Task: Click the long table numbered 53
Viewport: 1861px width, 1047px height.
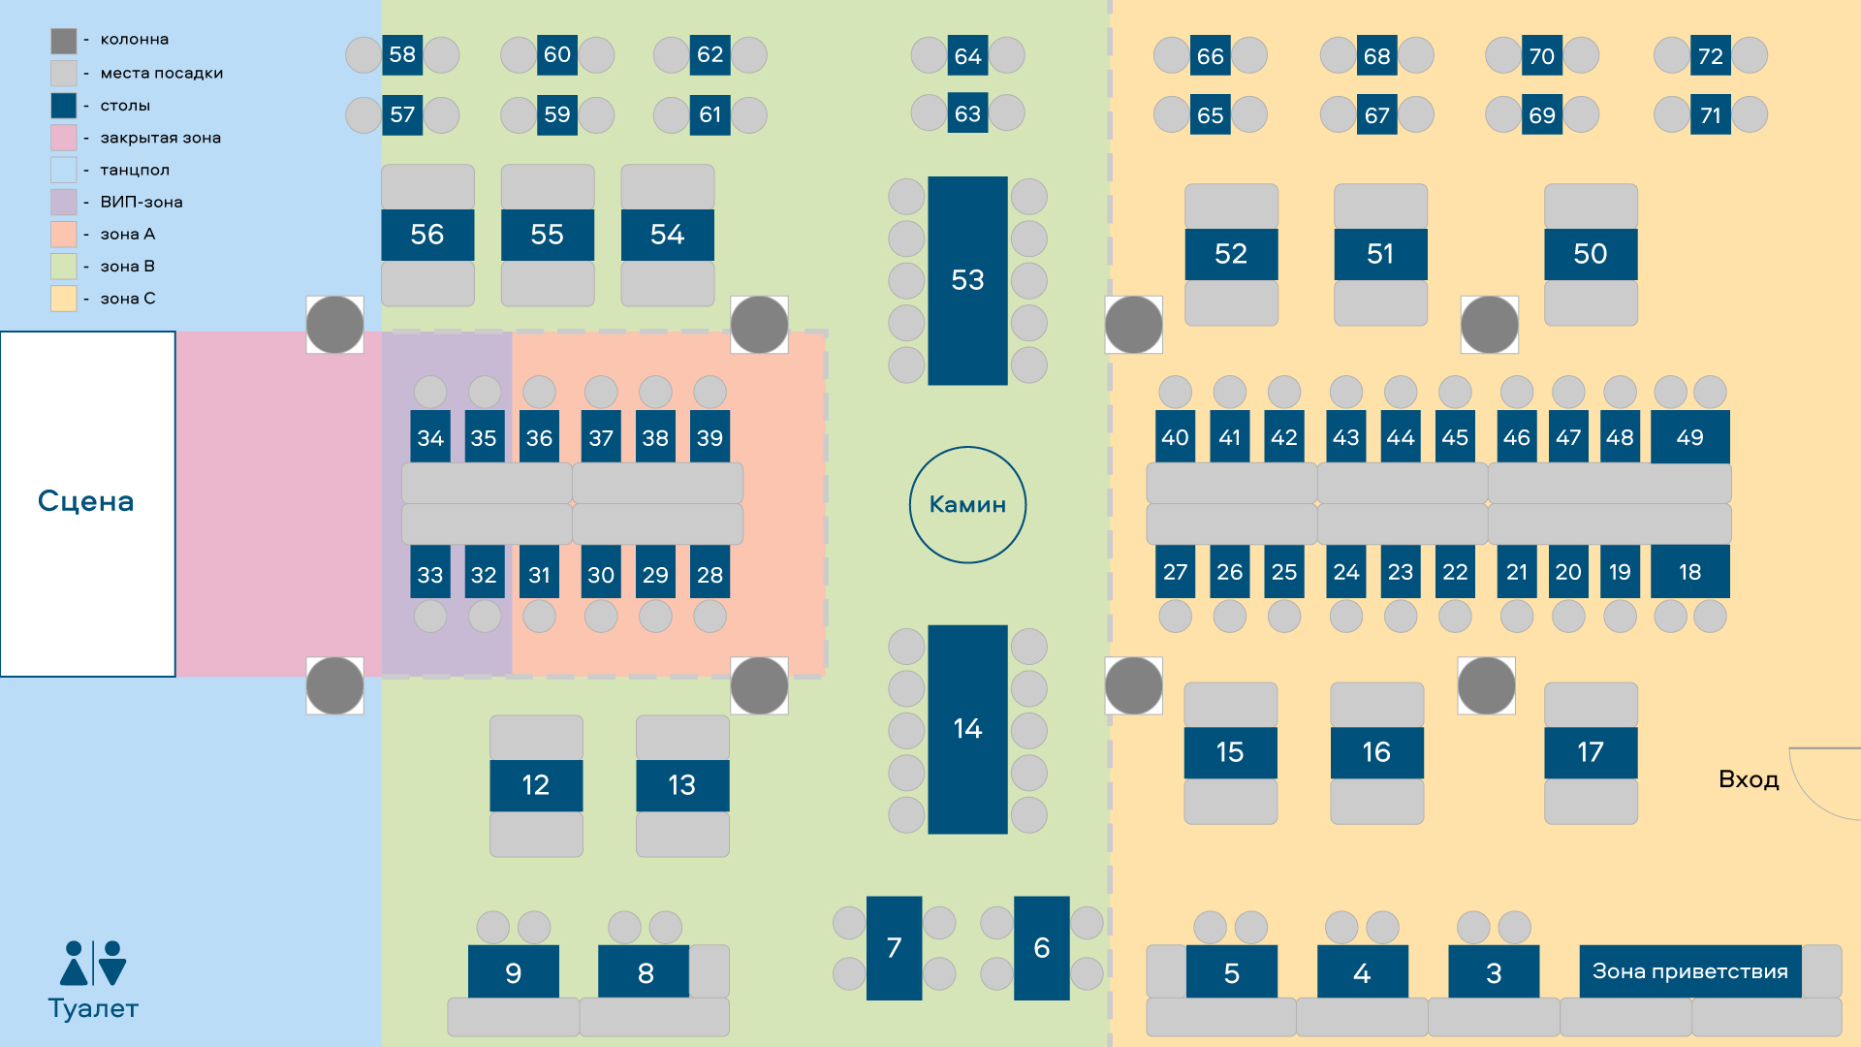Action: click(967, 280)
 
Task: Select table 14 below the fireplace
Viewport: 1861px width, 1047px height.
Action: click(967, 729)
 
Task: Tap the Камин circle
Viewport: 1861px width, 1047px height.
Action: click(967, 504)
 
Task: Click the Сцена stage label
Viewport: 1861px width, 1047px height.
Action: click(86, 501)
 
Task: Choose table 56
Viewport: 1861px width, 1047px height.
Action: click(427, 235)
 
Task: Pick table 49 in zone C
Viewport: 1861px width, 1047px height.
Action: click(1689, 437)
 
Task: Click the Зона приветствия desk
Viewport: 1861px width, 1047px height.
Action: click(1689, 971)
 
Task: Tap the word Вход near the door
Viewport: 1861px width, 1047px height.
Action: click(1749, 779)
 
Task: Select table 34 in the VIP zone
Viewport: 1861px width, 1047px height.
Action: click(430, 438)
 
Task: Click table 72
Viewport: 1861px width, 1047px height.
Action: click(1711, 56)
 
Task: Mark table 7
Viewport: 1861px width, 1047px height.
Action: click(894, 947)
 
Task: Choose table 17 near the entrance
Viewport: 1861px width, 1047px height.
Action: click(1590, 752)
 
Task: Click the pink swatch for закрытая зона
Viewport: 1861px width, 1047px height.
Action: click(64, 138)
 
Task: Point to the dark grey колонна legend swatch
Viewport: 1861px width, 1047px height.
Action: click(64, 41)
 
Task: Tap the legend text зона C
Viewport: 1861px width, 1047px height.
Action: click(128, 299)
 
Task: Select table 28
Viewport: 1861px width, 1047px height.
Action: click(710, 575)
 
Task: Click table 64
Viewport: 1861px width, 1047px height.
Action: click(967, 56)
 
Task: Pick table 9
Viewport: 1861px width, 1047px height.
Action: click(514, 972)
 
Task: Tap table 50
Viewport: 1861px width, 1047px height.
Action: click(1590, 254)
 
